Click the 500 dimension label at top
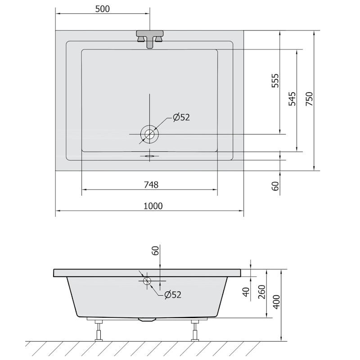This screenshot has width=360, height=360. pos(103,9)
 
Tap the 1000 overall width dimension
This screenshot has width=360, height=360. pos(153,206)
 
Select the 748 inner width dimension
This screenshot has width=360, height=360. pos(151,184)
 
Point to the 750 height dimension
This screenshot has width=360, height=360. pos(309,99)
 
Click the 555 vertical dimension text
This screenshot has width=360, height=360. pos(275,81)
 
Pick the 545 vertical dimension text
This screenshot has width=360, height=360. pos(292,99)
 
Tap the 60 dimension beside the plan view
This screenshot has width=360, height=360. pos(275,186)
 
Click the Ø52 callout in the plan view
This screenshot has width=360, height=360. pos(181,117)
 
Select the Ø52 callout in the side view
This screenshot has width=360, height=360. pos(173,295)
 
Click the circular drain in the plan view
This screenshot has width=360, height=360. pos(149,134)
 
